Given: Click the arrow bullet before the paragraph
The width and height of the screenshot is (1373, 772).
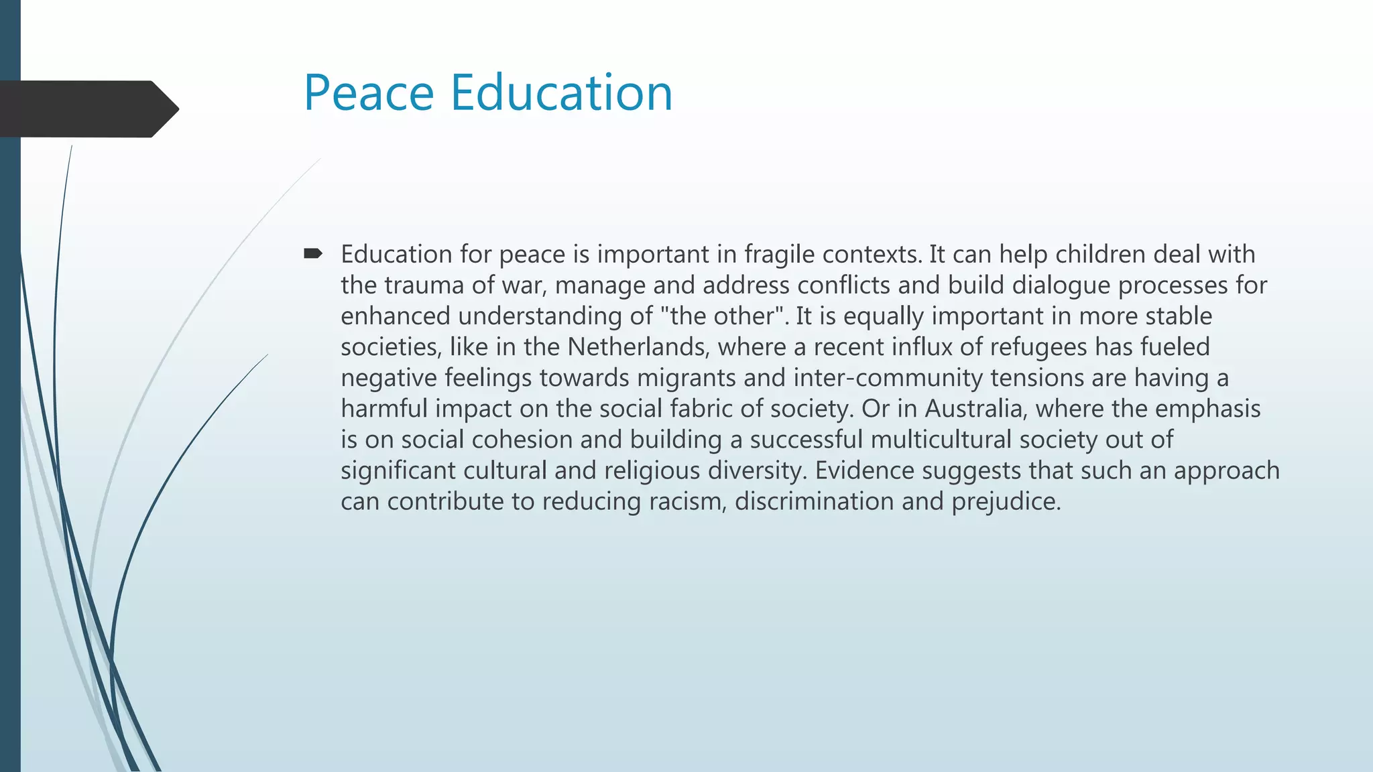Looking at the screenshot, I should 312,253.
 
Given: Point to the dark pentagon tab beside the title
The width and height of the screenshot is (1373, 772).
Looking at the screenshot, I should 87,109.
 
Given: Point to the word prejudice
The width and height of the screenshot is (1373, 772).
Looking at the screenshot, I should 1006,501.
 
